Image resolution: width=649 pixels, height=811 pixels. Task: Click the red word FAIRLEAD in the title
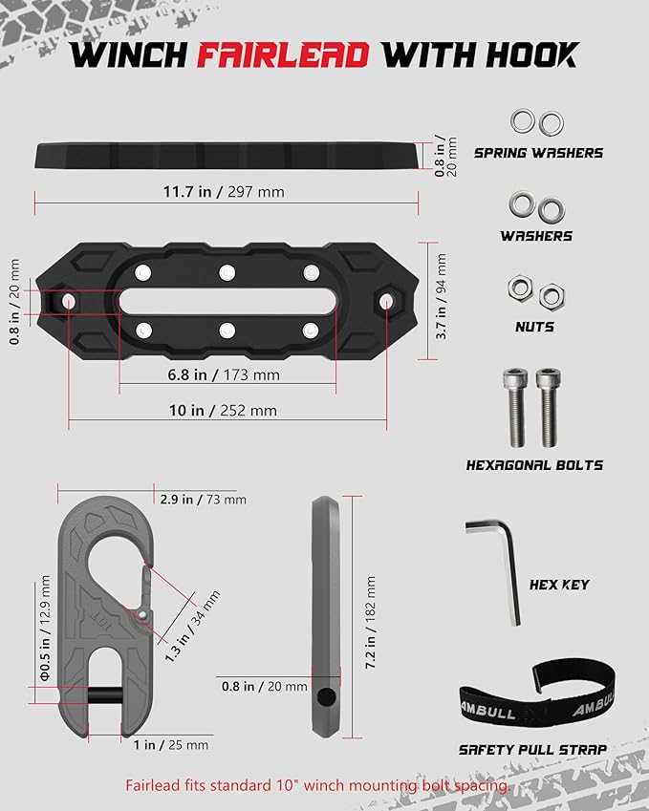[283, 54]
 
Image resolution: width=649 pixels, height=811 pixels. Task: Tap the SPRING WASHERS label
[538, 152]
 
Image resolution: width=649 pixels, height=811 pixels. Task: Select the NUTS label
[534, 327]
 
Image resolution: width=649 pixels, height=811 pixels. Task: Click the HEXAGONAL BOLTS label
[534, 465]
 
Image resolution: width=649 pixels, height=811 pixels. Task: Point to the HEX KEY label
[559, 585]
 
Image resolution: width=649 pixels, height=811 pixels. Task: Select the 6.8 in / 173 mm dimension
[226, 376]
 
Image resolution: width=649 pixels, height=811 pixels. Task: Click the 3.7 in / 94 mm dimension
[442, 296]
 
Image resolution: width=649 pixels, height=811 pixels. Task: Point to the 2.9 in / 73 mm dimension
[203, 500]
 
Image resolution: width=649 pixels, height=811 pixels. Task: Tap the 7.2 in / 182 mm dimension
[370, 620]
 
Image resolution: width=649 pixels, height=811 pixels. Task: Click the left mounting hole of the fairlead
[68, 301]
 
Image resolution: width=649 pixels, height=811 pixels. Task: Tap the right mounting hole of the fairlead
[385, 301]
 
